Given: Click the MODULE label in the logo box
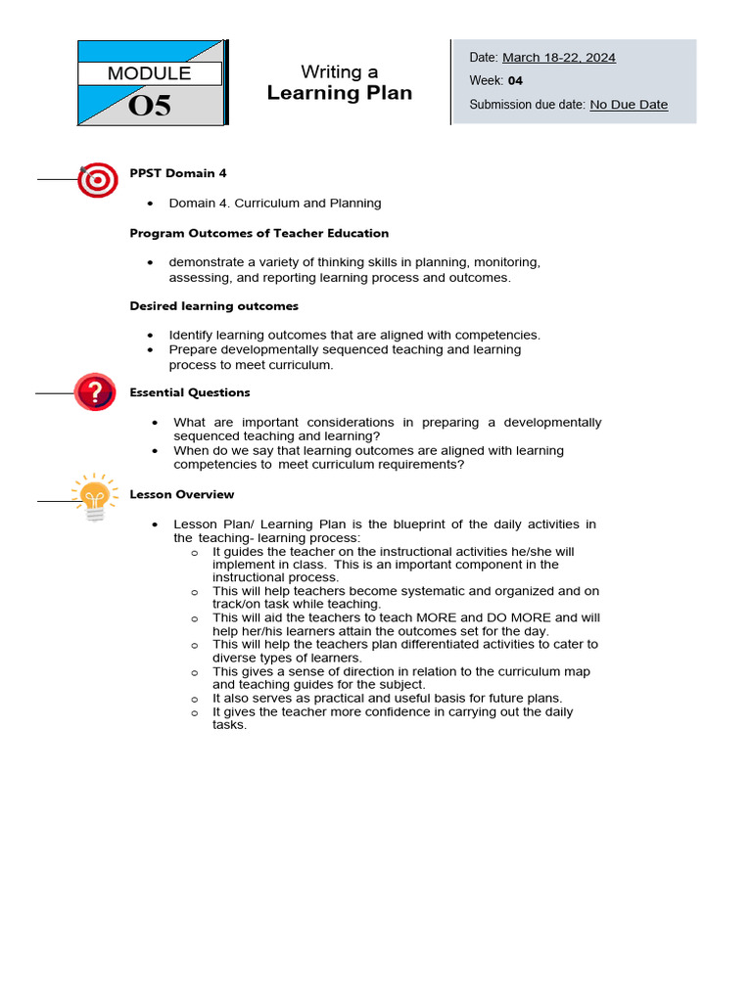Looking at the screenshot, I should [149, 73].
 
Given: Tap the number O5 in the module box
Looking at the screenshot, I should [149, 106].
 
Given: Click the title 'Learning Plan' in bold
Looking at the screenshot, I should [340, 93].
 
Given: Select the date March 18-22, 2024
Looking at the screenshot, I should [559, 57].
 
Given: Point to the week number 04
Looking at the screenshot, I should [515, 80].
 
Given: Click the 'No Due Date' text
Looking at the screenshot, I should [629, 105].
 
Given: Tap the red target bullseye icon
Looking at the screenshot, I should [97, 179].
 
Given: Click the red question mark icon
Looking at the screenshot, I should [95, 392].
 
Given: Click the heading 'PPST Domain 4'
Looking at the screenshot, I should [178, 173].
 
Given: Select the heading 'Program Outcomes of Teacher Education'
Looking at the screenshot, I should [259, 233].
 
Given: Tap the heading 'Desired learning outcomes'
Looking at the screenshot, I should [214, 306].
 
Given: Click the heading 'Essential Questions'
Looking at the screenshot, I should [190, 392].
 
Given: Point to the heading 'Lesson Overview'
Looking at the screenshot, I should [182, 494].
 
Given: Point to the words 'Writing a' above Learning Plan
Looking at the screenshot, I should [339, 71].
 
